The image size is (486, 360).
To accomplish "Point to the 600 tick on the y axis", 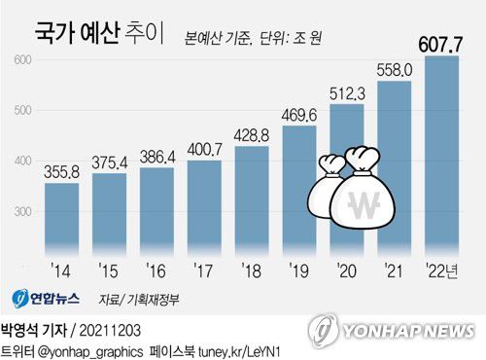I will point(22,60).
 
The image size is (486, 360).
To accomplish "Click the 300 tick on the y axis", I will point(22,211).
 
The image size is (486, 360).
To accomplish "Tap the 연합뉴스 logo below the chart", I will point(49,298).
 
